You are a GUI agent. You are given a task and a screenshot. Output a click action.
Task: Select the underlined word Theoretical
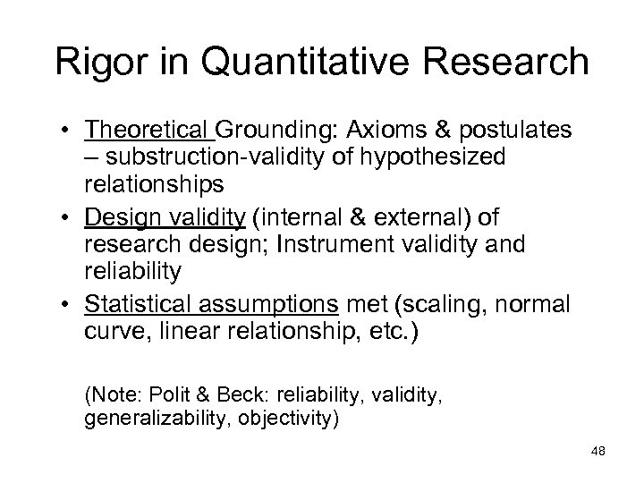click(148, 133)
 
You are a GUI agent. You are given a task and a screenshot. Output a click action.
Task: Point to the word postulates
click(504, 133)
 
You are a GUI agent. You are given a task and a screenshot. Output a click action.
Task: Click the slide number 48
click(597, 452)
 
